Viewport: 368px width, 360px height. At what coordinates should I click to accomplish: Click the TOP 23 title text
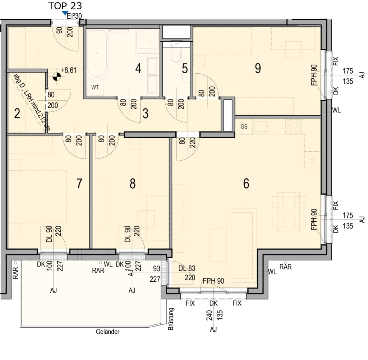click(x=65, y=5)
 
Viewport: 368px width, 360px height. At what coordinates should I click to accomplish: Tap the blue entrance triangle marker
click(x=65, y=14)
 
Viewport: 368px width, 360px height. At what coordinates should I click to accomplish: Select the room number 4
click(x=138, y=68)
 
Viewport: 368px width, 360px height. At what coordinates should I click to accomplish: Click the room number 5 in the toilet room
click(x=185, y=68)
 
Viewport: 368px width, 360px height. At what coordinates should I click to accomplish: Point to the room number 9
click(x=257, y=68)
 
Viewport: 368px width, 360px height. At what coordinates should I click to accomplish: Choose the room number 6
click(x=246, y=184)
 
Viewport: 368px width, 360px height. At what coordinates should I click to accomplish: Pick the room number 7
click(x=80, y=184)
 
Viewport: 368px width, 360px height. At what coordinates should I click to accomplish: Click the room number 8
click(x=133, y=184)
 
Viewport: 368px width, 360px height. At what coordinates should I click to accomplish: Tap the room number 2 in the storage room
click(x=17, y=114)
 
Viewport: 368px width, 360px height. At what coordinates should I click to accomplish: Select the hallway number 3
click(x=145, y=114)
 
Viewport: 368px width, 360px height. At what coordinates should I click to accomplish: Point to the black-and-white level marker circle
click(x=56, y=76)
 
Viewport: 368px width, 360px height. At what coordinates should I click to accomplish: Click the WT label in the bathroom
click(x=95, y=87)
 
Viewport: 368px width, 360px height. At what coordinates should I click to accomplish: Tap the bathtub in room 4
click(x=97, y=54)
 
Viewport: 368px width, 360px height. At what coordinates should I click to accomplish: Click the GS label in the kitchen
click(x=244, y=126)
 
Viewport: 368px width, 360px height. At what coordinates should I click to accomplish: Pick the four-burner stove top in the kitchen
click(x=294, y=126)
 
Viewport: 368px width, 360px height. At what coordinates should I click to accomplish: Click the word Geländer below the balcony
click(x=108, y=332)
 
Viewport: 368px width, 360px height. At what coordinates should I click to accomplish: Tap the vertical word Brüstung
click(x=171, y=319)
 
